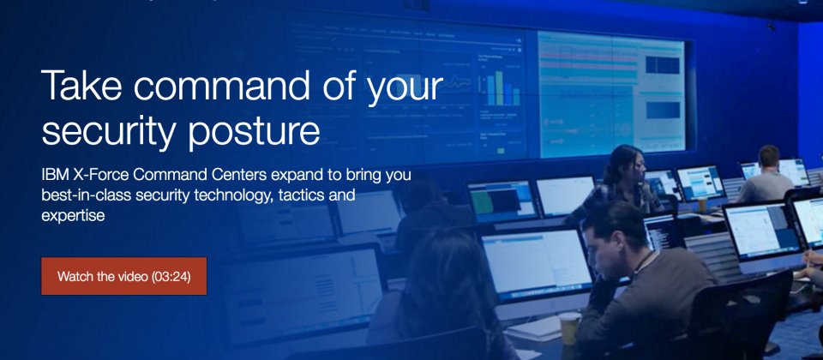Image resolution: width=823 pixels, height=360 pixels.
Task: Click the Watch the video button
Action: click(x=123, y=276)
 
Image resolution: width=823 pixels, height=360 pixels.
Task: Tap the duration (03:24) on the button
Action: click(x=171, y=276)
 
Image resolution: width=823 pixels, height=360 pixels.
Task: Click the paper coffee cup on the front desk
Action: click(x=569, y=328)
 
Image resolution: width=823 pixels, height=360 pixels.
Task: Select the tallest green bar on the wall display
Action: click(x=499, y=87)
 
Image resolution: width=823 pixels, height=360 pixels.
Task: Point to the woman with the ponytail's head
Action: click(x=625, y=163)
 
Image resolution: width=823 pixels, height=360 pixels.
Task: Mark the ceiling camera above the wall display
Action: click(x=770, y=25)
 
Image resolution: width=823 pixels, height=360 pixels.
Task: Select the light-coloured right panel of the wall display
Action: click(x=611, y=94)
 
